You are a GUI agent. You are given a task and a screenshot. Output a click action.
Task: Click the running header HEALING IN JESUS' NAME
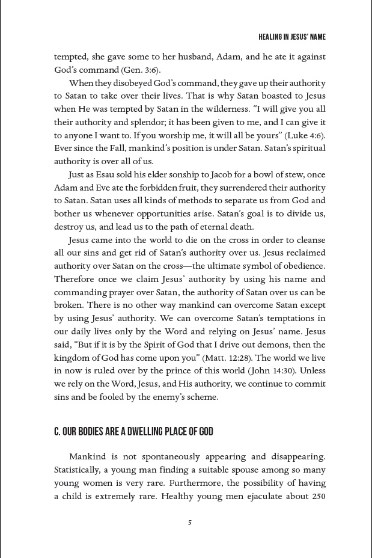[x=292, y=37]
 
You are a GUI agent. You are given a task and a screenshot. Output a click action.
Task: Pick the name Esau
[x=112, y=175]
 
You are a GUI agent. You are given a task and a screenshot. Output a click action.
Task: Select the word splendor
[x=132, y=122]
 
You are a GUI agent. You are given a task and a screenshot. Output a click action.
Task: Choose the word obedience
[x=303, y=266]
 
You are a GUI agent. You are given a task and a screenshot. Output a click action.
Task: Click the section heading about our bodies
[x=133, y=432]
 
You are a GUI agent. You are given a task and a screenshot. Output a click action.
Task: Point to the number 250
[x=318, y=496]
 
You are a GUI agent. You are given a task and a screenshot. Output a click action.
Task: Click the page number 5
[x=190, y=523]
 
